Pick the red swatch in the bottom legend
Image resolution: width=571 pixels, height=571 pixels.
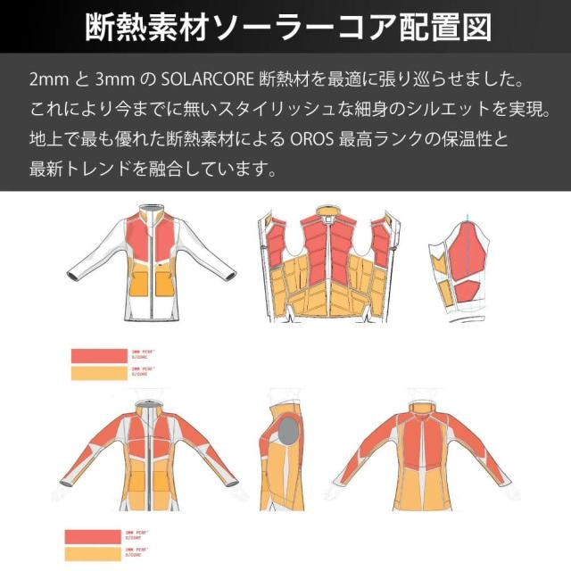pos(93,536)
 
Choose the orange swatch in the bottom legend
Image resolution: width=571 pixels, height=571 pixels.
pos(93,553)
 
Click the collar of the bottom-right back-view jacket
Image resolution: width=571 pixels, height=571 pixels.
pos(425,402)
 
